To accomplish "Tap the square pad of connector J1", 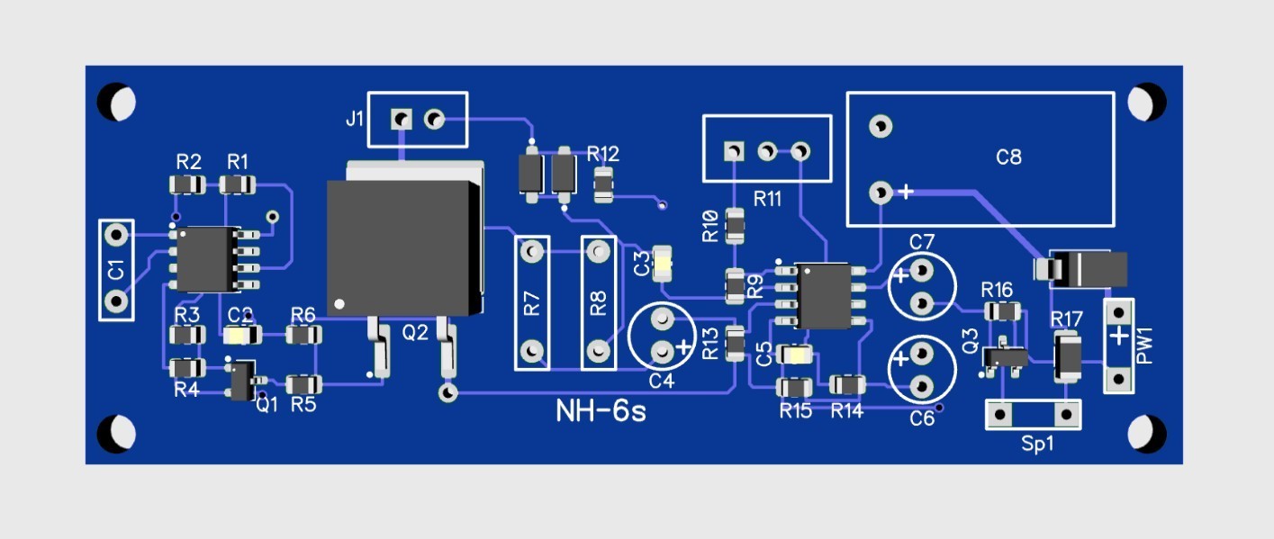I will [x=401, y=119].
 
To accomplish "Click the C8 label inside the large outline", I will [x=1008, y=157].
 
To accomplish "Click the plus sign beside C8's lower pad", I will [x=906, y=192].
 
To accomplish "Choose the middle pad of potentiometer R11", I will [x=767, y=152].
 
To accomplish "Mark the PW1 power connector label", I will [x=1144, y=346].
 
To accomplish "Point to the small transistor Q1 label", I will [x=267, y=404].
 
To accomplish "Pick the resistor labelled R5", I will [x=303, y=385].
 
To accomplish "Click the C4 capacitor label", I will [x=662, y=381].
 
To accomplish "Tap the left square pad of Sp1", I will [x=999, y=415].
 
